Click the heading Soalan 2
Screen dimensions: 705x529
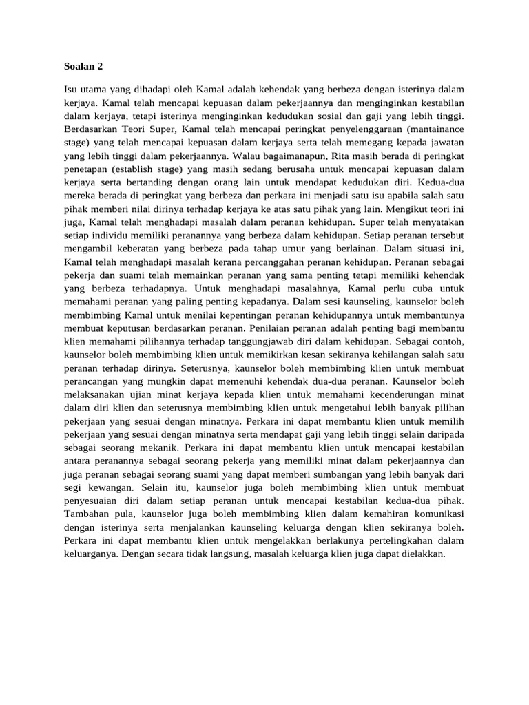(x=82, y=67)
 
